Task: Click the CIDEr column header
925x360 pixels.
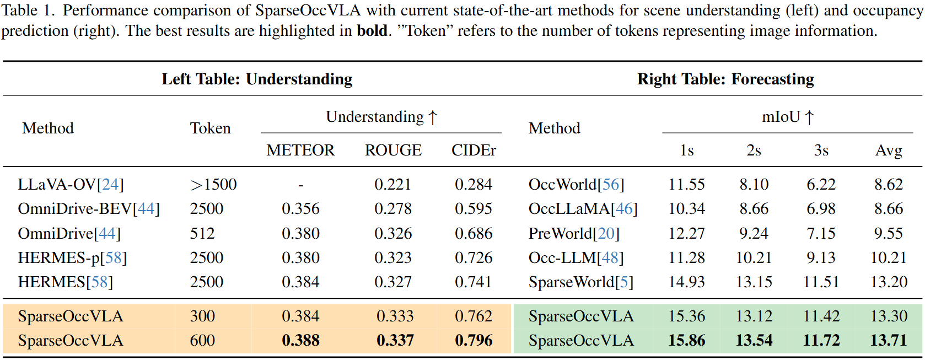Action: tap(474, 151)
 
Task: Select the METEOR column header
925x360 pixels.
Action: tap(300, 151)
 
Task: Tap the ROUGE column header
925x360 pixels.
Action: tap(393, 151)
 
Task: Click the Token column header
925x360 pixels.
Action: tap(210, 128)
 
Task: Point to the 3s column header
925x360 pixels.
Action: tap(821, 151)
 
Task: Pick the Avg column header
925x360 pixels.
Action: tap(888, 151)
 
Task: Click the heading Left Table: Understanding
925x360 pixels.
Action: tap(257, 79)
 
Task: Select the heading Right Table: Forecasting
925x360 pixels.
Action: tap(725, 79)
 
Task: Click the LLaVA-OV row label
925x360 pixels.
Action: tap(71, 185)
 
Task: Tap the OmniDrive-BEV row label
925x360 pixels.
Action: tap(88, 209)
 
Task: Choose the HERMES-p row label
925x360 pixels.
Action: tap(72, 258)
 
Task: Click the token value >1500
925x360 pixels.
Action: tap(213, 185)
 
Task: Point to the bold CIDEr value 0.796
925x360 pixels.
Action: tap(474, 341)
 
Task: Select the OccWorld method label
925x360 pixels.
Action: tap(576, 185)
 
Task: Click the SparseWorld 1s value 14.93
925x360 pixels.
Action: tap(686, 282)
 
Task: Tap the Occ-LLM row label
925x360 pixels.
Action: tap(576, 258)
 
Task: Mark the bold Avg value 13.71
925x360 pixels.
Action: tap(888, 341)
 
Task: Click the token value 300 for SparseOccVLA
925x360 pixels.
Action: tap(202, 316)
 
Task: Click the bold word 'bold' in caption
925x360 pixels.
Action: tap(372, 31)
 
